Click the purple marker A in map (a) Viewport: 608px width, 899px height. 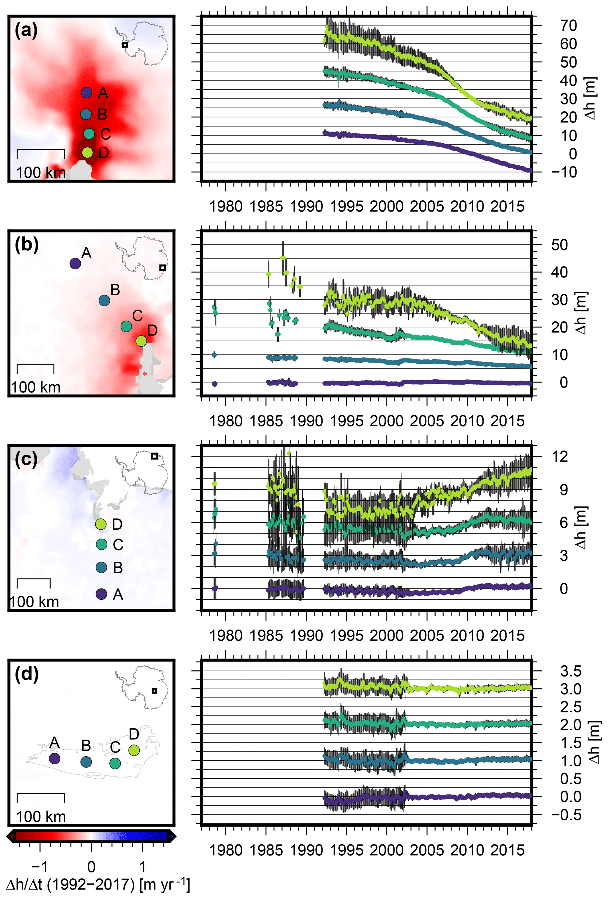coord(86,92)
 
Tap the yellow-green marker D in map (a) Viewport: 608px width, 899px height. coord(88,152)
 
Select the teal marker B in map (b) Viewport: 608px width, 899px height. coord(104,300)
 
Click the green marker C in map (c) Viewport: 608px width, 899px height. coord(101,544)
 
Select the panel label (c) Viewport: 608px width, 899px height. coord(26,459)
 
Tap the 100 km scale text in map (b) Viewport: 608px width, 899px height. coord(36,387)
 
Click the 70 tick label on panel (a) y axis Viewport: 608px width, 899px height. coord(569,26)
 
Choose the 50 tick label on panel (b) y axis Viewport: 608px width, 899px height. coord(559,245)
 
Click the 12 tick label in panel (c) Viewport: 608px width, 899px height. coord(560,456)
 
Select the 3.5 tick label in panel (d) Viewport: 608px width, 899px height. coord(570,671)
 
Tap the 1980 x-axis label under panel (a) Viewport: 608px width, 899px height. coord(226,206)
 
